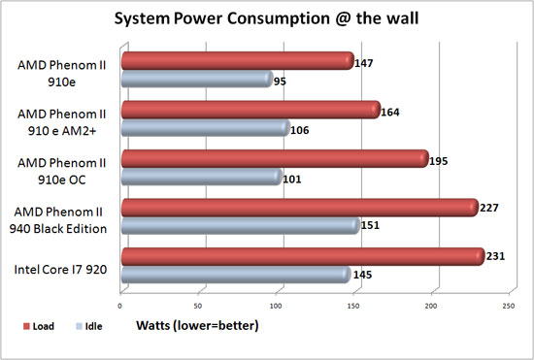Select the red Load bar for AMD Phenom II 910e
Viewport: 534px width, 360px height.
[238, 61]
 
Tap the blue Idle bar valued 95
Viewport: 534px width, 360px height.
[197, 79]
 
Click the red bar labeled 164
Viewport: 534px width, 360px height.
[251, 110]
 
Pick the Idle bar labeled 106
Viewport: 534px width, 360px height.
[206, 128]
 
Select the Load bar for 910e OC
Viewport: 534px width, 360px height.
[275, 158]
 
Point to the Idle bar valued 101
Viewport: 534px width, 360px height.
[202, 177]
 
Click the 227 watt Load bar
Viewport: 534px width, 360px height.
[300, 208]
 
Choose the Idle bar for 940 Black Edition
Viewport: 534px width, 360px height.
[241, 225]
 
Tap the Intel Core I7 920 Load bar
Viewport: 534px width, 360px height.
[303, 256]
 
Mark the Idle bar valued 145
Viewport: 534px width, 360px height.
[236, 275]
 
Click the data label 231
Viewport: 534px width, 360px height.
[495, 256]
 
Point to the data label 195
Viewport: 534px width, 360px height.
[438, 161]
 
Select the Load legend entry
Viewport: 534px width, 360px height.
[39, 326]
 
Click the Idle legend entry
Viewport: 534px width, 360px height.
[88, 326]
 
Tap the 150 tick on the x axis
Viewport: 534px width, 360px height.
[353, 306]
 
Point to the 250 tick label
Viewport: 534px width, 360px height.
[509, 306]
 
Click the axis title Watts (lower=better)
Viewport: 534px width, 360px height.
[197, 326]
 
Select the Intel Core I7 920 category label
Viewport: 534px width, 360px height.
[60, 270]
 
